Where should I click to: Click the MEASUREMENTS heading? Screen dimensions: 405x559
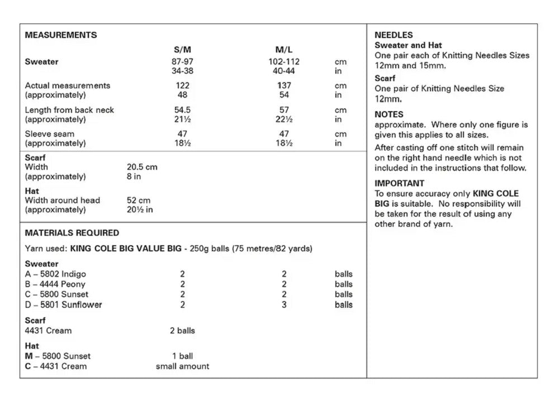pos(61,35)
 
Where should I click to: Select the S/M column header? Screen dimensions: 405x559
pos(182,50)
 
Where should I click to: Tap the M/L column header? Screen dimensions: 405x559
pos(284,50)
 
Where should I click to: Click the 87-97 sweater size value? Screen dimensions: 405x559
pos(182,61)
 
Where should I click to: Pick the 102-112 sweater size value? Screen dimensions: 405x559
pos(284,61)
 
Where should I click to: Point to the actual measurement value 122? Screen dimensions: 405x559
pos(182,85)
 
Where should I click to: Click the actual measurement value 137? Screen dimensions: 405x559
pos(284,85)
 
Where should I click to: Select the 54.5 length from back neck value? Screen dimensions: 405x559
pos(182,110)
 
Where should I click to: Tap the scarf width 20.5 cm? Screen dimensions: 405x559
pos(142,167)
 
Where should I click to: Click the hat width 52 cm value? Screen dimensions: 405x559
pos(139,201)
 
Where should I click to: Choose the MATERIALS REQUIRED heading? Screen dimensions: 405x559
pos(72,233)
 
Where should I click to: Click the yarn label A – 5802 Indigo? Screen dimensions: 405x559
pos(55,274)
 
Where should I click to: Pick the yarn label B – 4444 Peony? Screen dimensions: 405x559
pos(55,284)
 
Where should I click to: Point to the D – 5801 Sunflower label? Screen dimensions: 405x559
pos(63,305)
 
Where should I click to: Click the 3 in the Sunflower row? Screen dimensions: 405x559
pos(284,305)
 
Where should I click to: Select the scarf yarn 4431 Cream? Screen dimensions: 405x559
pos(48,331)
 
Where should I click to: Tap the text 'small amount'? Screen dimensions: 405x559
pos(182,366)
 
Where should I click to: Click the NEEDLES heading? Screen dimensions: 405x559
pos(394,35)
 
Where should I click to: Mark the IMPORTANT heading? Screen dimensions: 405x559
pos(399,183)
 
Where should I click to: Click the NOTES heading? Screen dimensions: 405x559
pos(389,115)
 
